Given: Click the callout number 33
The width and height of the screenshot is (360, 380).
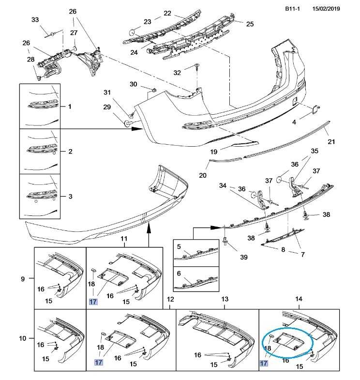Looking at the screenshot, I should pyautogui.click(x=35, y=20).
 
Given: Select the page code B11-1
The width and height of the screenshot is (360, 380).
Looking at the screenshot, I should pyautogui.click(x=292, y=8).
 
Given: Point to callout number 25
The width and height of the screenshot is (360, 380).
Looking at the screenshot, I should pyautogui.click(x=250, y=24).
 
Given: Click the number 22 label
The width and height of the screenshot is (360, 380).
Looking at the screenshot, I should pyautogui.click(x=167, y=13).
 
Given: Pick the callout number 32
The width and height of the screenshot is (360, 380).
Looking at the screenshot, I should pyautogui.click(x=177, y=73).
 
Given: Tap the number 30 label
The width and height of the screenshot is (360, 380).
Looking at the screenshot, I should pyautogui.click(x=133, y=84).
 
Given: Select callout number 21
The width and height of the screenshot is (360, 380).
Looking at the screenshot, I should pyautogui.click(x=331, y=141).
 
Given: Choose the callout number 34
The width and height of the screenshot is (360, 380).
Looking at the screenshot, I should pyautogui.click(x=223, y=185).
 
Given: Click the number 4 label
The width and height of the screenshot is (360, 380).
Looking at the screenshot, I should pyautogui.click(x=293, y=122).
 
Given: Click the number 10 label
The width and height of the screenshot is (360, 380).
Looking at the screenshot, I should pyautogui.click(x=23, y=338).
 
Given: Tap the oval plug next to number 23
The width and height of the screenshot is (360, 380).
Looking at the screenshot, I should pyautogui.click(x=132, y=32).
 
